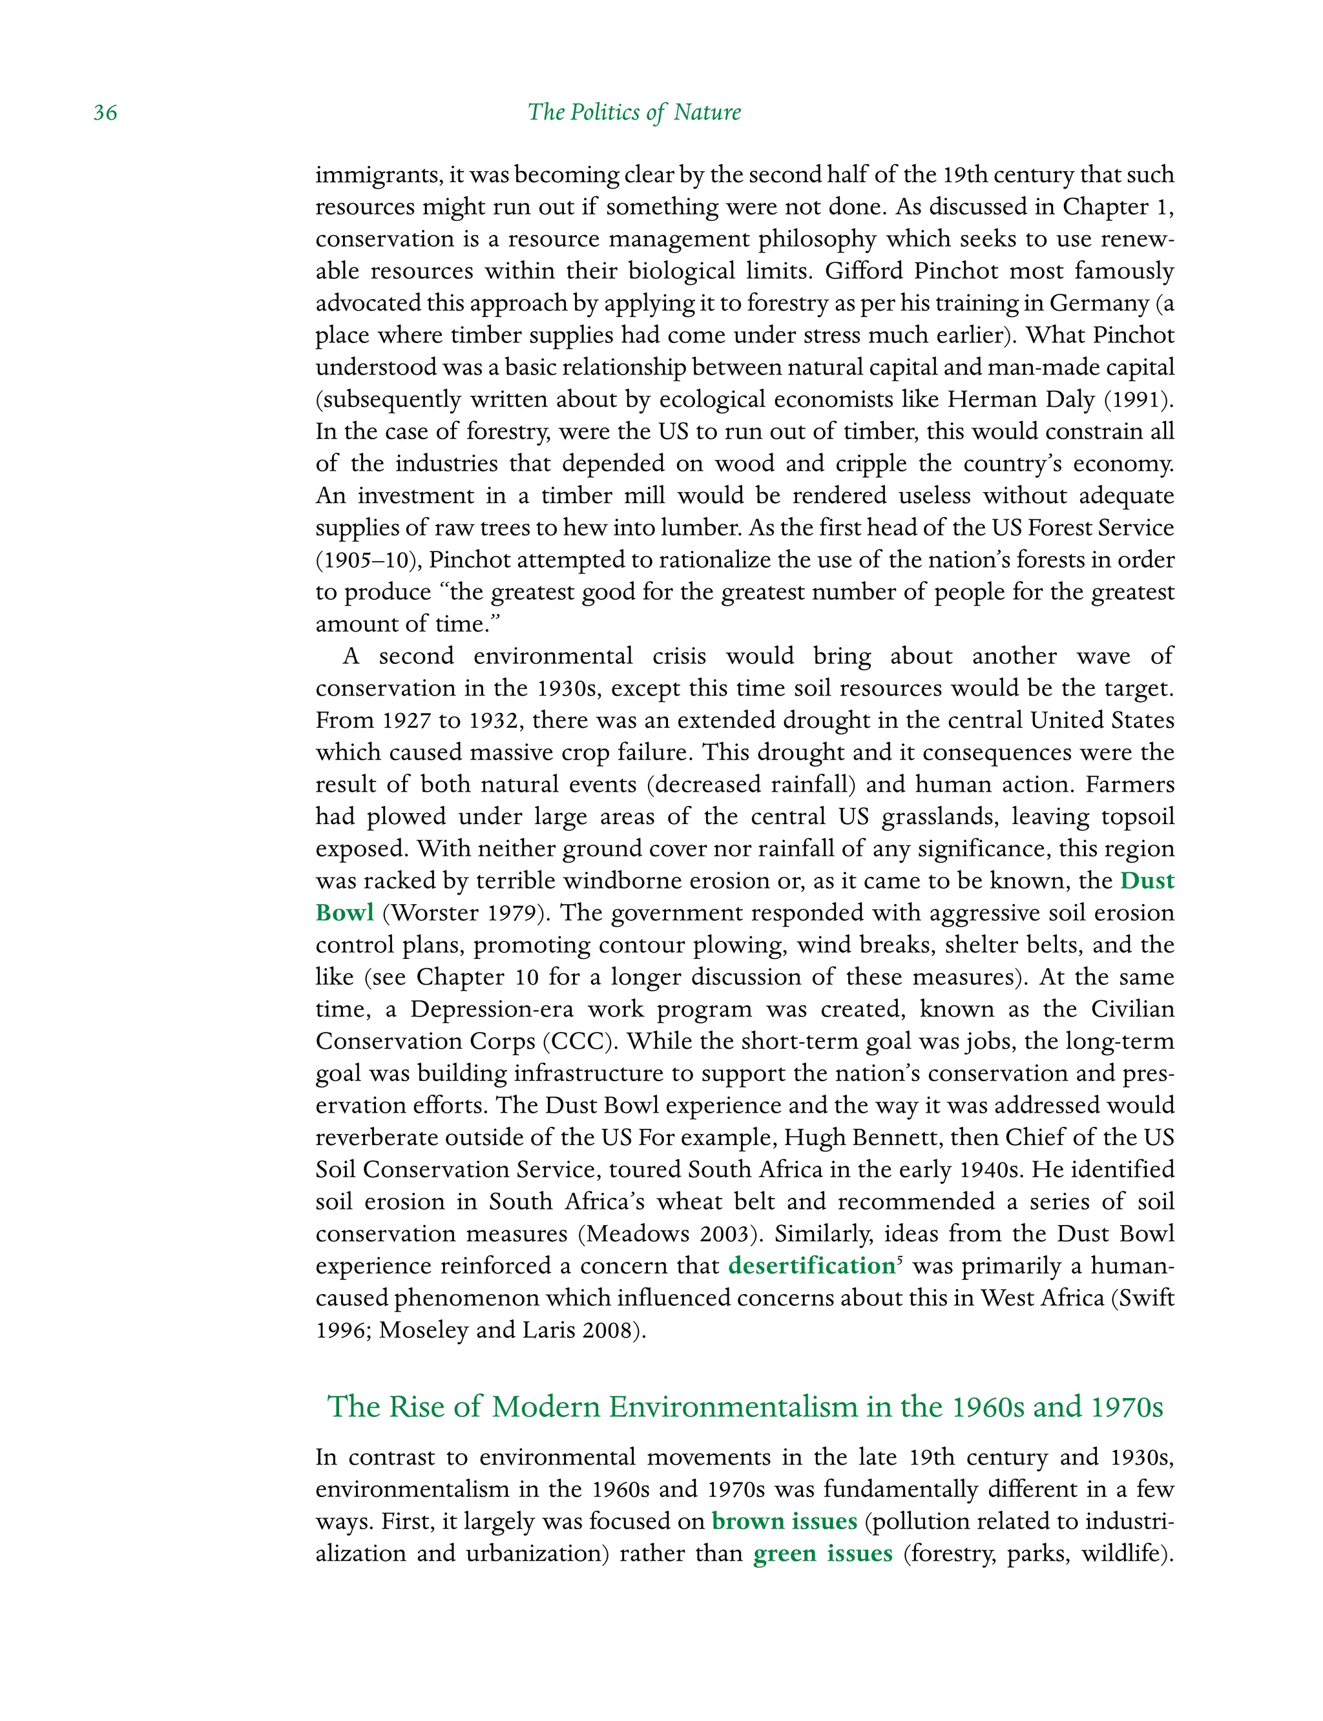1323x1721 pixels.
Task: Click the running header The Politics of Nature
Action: click(x=634, y=112)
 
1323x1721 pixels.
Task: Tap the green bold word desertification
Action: click(x=811, y=1265)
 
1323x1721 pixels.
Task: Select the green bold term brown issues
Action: click(x=784, y=1520)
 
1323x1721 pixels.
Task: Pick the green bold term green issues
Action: click(x=822, y=1552)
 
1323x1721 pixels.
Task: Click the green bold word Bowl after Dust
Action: click(x=344, y=912)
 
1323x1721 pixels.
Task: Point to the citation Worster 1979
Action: click(x=464, y=912)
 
